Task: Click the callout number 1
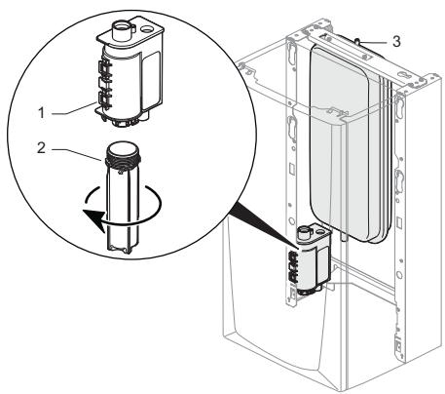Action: [42, 113]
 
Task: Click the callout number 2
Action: [41, 148]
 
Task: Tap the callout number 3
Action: [396, 42]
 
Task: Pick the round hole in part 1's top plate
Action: [147, 29]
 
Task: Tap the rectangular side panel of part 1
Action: [151, 80]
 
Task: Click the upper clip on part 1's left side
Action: [104, 70]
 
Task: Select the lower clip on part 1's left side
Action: [104, 99]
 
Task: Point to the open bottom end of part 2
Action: [120, 250]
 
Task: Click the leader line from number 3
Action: [374, 42]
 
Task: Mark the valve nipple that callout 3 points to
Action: [358, 42]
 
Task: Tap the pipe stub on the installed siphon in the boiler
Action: [305, 232]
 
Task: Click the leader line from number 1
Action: [73, 108]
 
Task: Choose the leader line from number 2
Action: [77, 154]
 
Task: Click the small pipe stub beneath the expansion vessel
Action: [344, 237]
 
